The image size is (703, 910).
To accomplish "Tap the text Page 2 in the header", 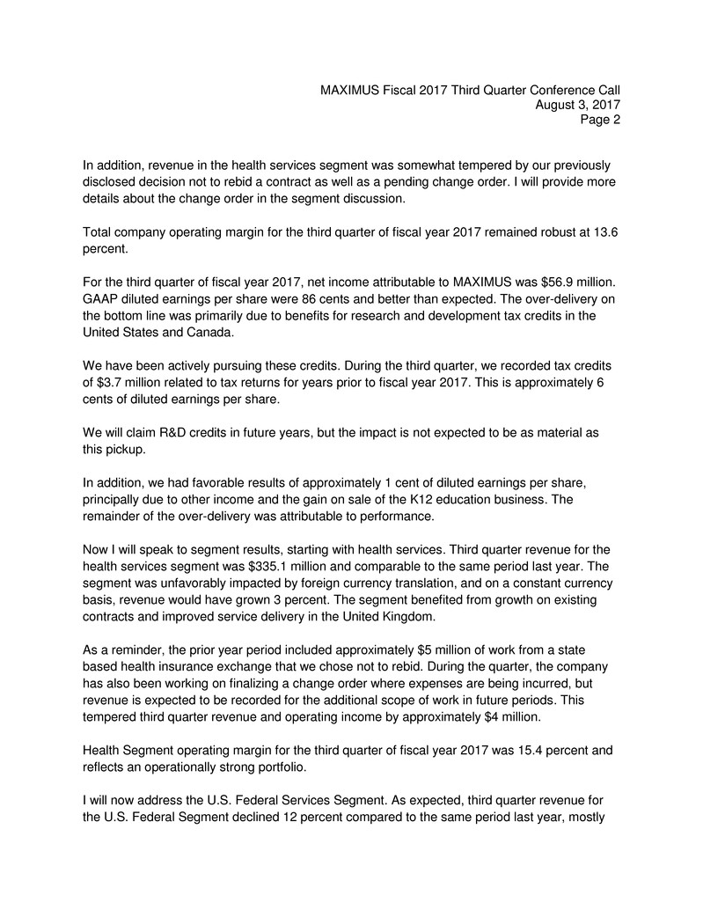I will tap(599, 121).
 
